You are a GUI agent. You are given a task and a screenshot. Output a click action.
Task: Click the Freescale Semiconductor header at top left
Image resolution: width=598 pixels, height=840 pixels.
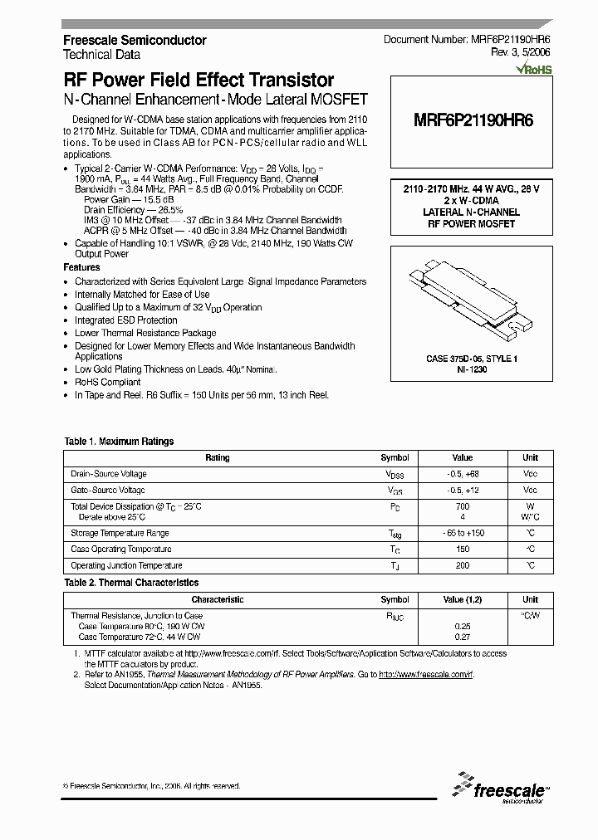[x=135, y=40]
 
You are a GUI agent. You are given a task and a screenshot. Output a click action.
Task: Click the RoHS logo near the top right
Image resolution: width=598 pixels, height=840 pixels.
[x=534, y=71]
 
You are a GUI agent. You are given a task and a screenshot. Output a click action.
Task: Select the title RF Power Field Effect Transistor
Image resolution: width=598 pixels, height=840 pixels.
[x=199, y=81]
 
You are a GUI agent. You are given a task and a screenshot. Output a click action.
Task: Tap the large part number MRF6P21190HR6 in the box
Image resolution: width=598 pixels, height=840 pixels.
[x=473, y=120]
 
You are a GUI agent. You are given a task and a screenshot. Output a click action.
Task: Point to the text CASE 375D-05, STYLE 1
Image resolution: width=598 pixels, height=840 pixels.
[x=471, y=359]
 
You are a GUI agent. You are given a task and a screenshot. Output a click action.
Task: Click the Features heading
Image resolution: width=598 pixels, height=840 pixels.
[x=82, y=268]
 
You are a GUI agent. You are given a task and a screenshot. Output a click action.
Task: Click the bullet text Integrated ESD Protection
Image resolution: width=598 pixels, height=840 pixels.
[x=126, y=320]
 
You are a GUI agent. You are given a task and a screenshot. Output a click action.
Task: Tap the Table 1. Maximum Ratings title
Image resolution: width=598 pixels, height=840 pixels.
[x=119, y=442]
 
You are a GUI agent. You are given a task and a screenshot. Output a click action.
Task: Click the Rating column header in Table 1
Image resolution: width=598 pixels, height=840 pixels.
[x=217, y=457]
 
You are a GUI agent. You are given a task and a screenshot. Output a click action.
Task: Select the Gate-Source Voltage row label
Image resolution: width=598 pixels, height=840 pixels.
[x=109, y=491]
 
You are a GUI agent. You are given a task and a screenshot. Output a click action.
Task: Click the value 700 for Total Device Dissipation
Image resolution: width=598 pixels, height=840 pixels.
[x=462, y=506]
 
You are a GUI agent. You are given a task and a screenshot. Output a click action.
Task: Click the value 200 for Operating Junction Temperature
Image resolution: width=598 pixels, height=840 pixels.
[x=462, y=565]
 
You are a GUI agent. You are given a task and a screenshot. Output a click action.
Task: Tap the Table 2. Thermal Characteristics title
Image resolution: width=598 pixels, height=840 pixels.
[x=131, y=583]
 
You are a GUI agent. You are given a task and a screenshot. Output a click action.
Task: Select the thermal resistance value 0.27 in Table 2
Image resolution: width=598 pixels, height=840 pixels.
[x=462, y=637]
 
